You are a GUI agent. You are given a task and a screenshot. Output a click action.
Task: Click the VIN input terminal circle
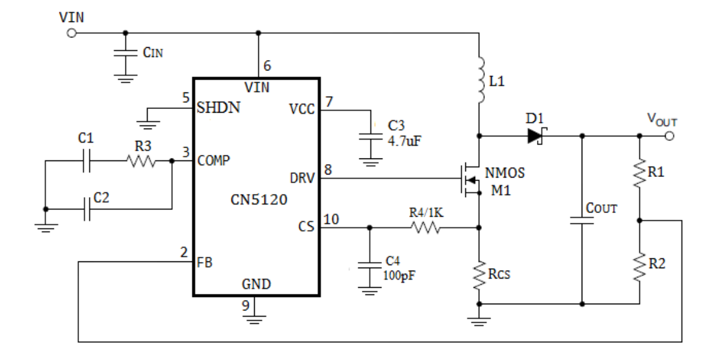72,33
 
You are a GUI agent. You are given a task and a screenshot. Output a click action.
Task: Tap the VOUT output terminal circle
669,136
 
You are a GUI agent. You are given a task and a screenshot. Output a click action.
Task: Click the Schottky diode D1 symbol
536,136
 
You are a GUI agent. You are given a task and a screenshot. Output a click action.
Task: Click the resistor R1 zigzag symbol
640,172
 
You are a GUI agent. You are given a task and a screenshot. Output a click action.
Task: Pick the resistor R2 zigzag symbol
640,267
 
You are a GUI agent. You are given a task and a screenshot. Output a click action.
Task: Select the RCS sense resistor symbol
479,276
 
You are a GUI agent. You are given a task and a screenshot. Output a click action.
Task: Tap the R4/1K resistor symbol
426,227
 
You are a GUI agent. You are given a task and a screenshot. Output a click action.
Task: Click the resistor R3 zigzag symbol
141,161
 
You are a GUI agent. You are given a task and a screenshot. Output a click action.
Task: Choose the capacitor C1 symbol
86,161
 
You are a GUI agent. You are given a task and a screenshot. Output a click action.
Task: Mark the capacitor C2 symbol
86,209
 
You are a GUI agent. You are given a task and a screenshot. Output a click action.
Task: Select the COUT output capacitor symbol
582,220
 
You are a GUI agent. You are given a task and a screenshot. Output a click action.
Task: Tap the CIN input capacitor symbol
126,53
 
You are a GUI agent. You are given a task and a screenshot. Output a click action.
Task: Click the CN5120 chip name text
259,200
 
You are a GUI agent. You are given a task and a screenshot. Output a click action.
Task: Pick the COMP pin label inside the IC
214,161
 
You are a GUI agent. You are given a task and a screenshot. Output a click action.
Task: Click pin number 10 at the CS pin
331,220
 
